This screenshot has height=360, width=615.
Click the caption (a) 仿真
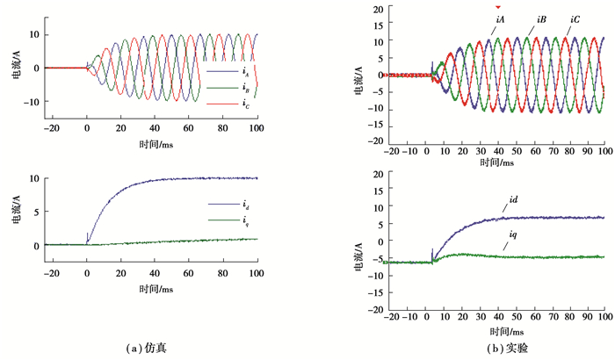147,347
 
